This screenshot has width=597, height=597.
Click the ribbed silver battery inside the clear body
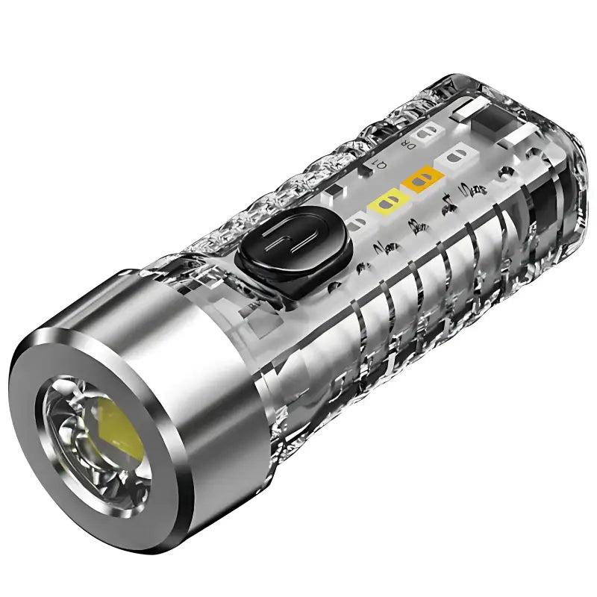(x=418, y=298)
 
